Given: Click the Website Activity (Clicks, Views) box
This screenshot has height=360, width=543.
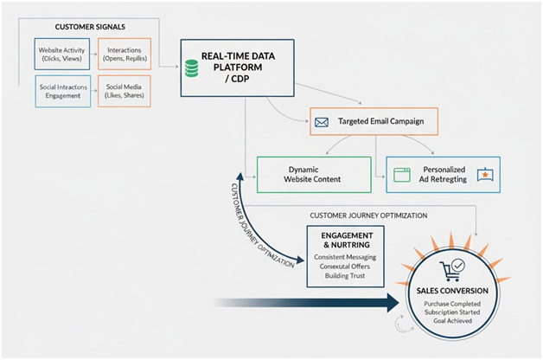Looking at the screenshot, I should (61, 54).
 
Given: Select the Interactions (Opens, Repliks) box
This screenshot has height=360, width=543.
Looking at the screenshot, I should (124, 54).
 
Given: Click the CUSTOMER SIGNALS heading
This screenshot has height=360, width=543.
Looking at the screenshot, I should (84, 28).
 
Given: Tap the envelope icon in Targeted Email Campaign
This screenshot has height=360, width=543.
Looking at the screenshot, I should (321, 122).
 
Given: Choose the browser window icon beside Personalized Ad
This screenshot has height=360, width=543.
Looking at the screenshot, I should (400, 174).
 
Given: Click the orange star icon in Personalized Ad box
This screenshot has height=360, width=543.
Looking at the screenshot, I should (486, 175).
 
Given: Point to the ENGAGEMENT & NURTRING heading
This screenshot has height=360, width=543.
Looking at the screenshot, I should (345, 240).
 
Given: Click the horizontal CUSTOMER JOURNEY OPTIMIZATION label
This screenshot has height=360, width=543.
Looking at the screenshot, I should (368, 215).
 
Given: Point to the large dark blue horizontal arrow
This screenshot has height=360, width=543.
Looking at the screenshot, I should (303, 303).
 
